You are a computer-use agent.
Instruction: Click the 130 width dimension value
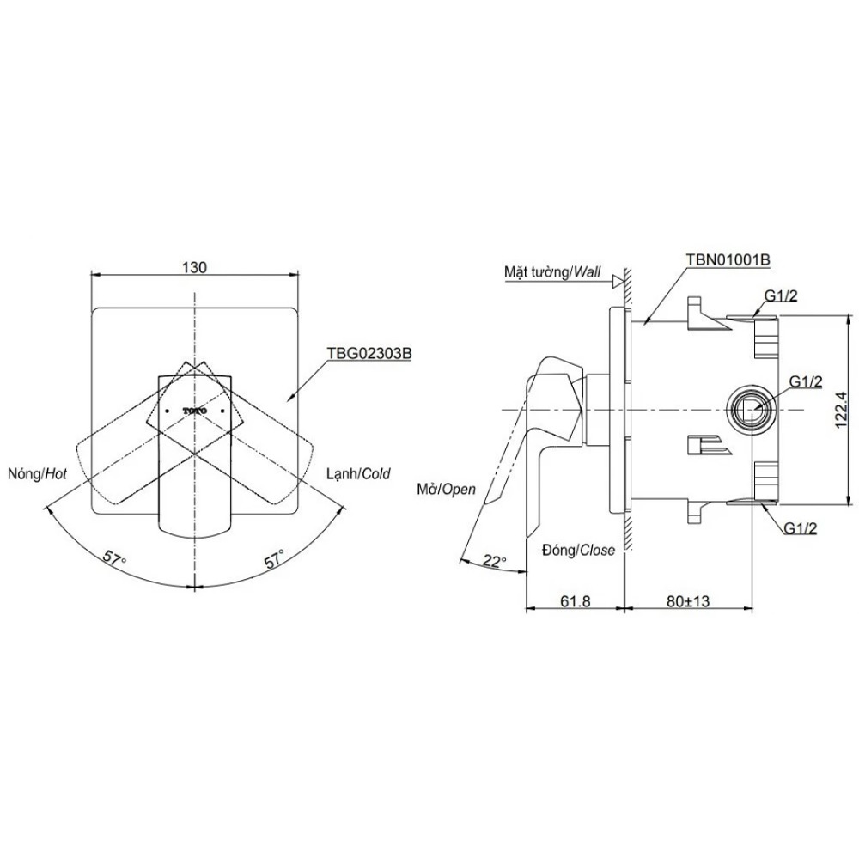point(195,267)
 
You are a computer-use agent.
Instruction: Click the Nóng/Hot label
point(37,473)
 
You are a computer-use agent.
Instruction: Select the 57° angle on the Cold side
point(274,560)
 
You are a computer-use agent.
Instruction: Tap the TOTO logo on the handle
point(195,411)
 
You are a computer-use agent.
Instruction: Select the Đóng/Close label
point(578,551)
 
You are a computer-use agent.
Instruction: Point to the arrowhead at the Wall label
point(617,280)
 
